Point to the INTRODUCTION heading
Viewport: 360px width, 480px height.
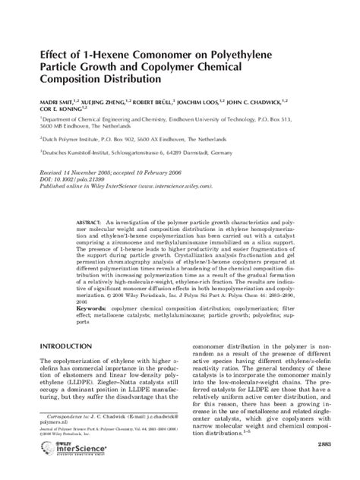tap(59, 346)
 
